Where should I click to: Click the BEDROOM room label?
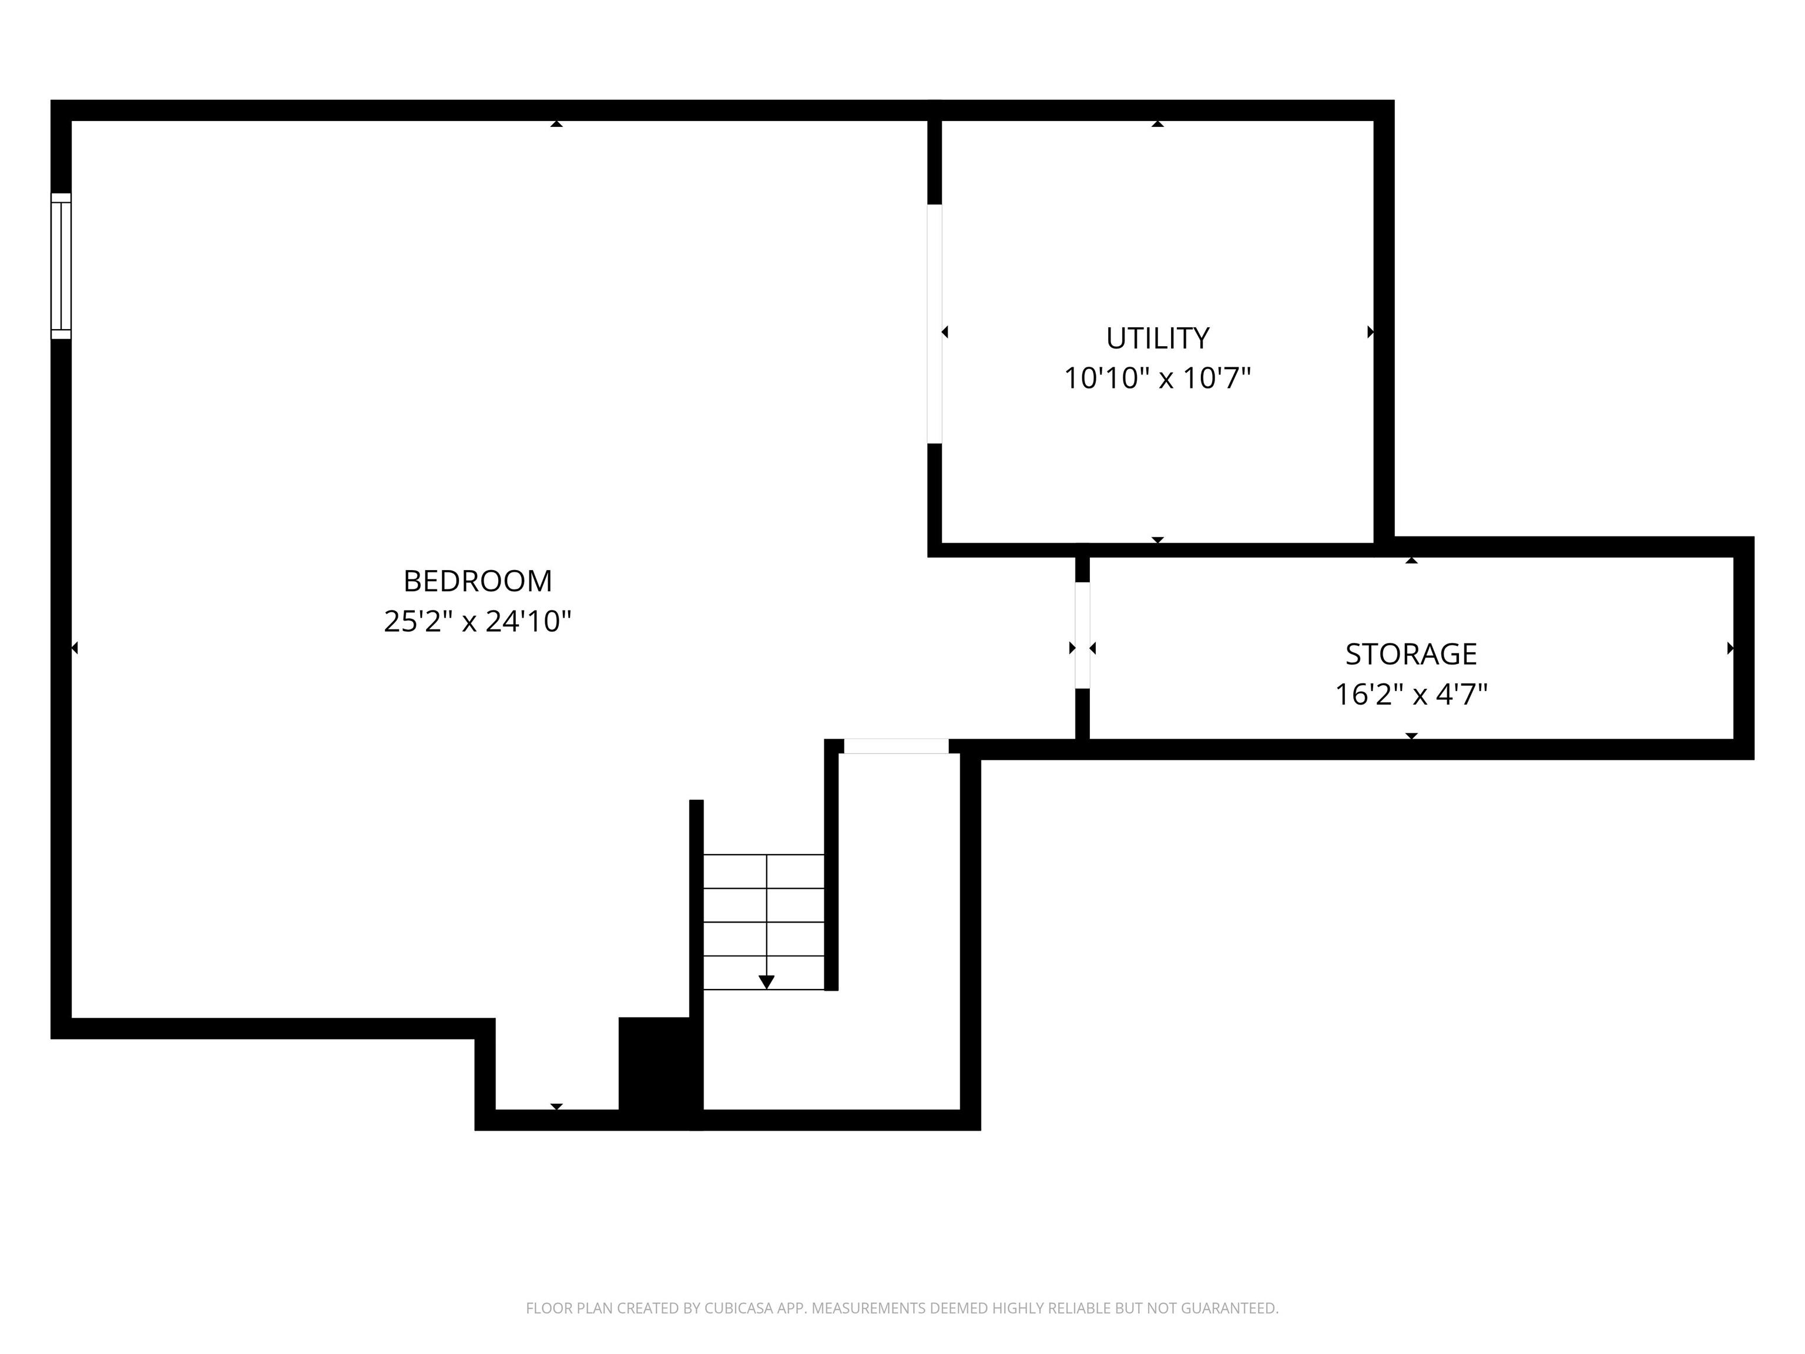point(477,581)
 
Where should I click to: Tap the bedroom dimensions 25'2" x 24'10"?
point(477,622)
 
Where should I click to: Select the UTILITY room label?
point(1157,338)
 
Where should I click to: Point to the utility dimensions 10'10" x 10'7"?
point(1157,378)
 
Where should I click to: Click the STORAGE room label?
point(1411,653)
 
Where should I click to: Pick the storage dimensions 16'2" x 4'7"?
point(1411,695)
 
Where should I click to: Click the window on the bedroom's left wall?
point(61,266)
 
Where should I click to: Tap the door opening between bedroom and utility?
point(934,324)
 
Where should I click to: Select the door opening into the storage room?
point(1082,635)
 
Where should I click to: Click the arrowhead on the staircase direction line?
point(766,982)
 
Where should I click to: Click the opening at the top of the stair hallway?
point(895,746)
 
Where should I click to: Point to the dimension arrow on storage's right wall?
point(1730,648)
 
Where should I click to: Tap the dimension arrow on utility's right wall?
point(1370,332)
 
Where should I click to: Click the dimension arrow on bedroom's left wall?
point(74,648)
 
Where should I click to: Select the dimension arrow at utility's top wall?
point(1157,124)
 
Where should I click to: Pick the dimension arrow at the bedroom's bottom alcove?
point(556,1107)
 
